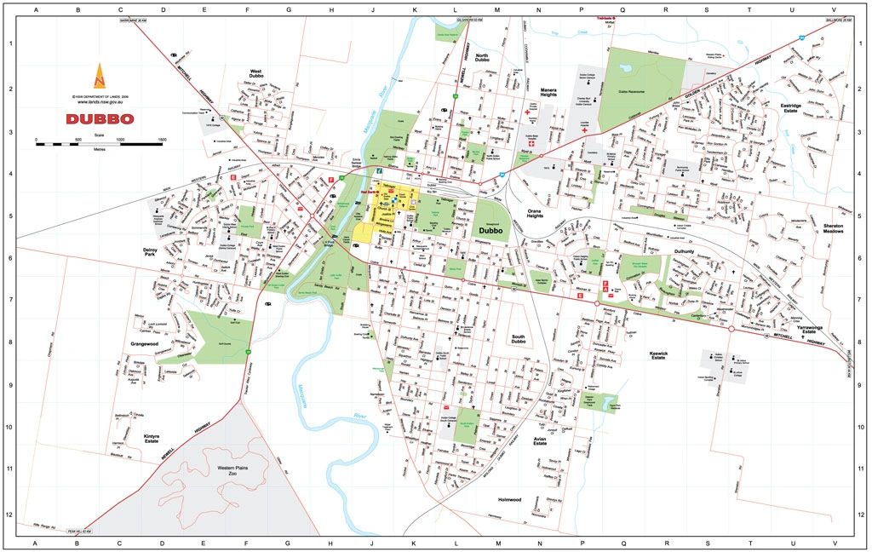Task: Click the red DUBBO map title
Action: (x=100, y=118)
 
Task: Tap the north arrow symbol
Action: (x=100, y=77)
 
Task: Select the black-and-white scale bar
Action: (x=99, y=145)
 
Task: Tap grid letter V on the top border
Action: (x=834, y=10)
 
